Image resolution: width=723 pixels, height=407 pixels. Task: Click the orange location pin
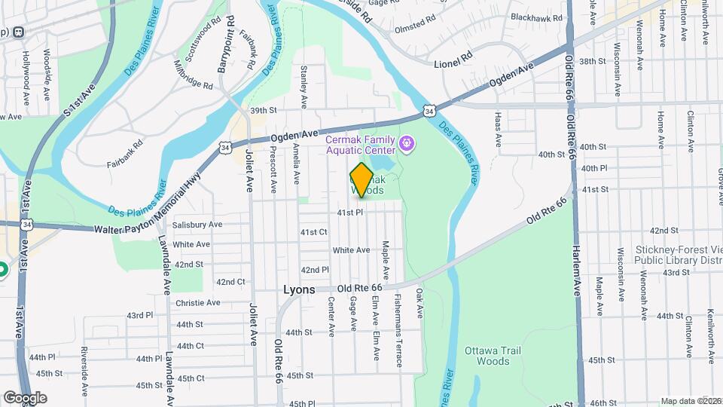pyautogui.click(x=361, y=180)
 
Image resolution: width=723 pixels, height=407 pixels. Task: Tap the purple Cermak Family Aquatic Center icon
pyautogui.click(x=407, y=142)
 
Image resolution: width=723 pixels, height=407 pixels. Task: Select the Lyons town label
pyautogui.click(x=300, y=289)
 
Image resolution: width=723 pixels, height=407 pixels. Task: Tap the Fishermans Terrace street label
pyautogui.click(x=398, y=329)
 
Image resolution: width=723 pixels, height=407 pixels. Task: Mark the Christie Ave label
pyautogui.click(x=197, y=303)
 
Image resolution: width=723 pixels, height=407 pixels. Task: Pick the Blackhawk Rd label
pyautogui.click(x=536, y=17)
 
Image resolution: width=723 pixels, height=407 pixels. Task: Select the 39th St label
pyautogui.click(x=264, y=110)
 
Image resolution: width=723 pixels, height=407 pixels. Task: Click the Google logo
pyautogui.click(x=25, y=397)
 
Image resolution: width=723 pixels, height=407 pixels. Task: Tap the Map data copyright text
pyautogui.click(x=691, y=401)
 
